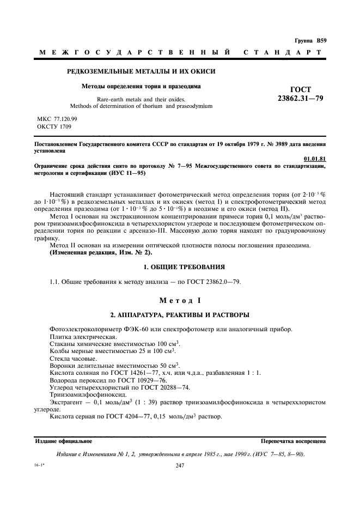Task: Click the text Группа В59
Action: pos(310,40)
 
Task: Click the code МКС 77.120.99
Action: pos(57,118)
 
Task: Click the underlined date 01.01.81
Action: pos(315,159)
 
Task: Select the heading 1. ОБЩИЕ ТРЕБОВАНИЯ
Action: pos(180,267)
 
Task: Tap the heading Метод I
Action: pos(180,300)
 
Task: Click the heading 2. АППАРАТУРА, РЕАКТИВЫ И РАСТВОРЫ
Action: pos(180,315)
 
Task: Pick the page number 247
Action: pos(180,465)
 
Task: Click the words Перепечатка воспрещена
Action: pos(293,441)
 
